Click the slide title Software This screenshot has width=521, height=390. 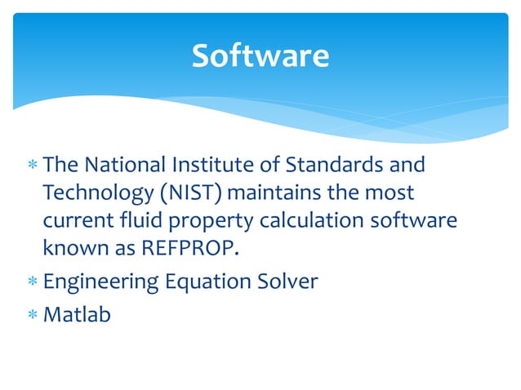click(260, 55)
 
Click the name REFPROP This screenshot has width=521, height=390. click(180, 250)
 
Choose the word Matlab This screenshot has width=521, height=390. click(76, 314)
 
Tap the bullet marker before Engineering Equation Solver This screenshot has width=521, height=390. click(32, 282)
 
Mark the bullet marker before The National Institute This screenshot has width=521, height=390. click(32, 166)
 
